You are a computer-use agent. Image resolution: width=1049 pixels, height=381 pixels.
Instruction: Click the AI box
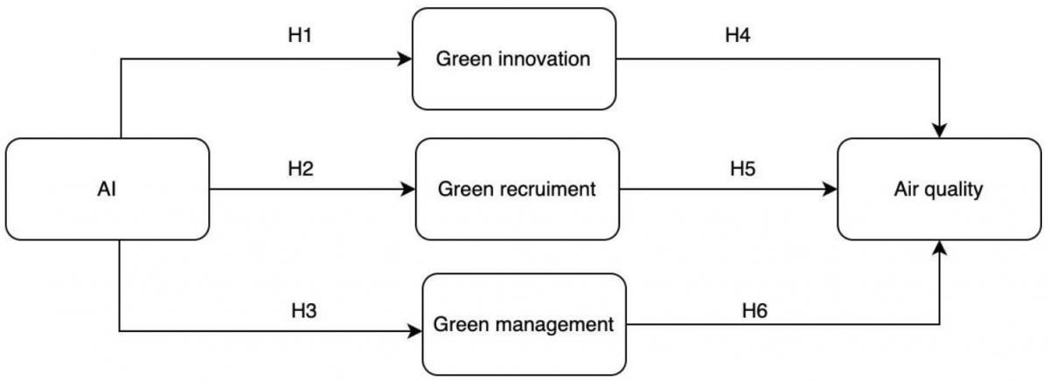point(108,189)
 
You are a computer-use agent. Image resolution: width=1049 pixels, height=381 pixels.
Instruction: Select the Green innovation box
point(514,59)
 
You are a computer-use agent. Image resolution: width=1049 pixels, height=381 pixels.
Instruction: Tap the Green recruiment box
point(518,189)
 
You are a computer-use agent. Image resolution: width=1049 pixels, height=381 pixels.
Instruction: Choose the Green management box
point(524,324)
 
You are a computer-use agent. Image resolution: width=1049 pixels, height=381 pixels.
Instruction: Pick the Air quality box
point(939,189)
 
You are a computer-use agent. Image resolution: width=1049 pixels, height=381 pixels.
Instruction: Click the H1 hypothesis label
point(300,35)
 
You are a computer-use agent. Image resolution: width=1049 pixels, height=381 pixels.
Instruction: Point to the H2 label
point(300,169)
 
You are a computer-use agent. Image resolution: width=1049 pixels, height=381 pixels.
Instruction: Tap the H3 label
point(304,311)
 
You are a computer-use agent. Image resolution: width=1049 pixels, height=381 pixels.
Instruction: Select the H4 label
point(738,35)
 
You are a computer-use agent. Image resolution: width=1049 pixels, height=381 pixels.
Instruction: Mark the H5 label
point(743,169)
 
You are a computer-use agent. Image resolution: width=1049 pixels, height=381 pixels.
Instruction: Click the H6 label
point(754,311)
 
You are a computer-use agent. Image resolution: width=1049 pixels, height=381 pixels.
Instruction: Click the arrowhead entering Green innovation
point(405,59)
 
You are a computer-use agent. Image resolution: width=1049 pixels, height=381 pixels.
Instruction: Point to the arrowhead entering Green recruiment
point(408,189)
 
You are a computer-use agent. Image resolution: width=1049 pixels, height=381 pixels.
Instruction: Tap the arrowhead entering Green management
point(415,331)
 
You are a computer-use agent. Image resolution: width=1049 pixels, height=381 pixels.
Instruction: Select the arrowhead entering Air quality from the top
point(940,130)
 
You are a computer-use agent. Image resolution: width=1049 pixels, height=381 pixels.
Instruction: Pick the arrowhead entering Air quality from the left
point(830,189)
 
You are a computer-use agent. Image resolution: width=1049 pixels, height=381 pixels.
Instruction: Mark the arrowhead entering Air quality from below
point(940,247)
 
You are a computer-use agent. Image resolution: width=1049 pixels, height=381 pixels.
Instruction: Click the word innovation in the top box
point(545,59)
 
